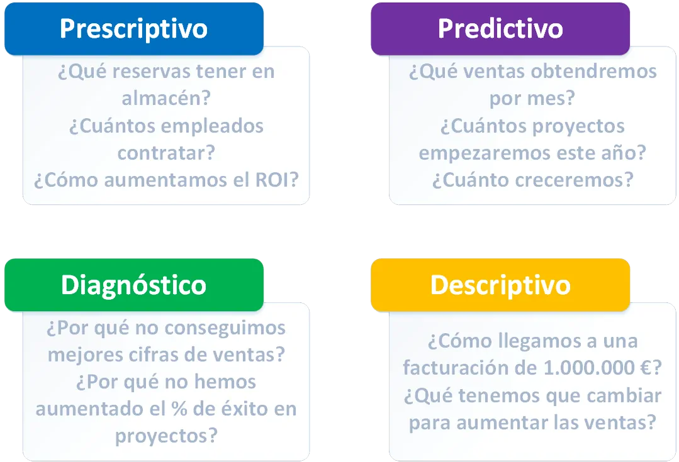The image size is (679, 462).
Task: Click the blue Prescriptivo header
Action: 133,29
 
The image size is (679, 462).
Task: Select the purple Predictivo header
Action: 500,29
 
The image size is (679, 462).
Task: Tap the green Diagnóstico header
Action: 133,285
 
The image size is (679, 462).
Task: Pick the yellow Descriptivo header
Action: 500,285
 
